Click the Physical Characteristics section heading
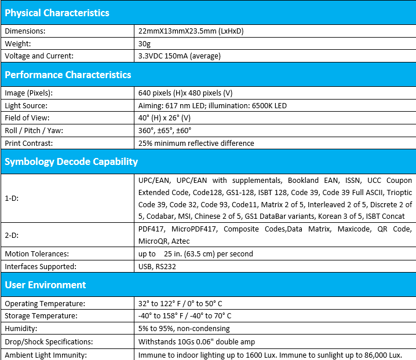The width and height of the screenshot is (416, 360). [57, 13]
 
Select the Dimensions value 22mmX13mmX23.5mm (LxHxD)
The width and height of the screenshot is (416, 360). [191, 31]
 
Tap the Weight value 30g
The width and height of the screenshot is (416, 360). [144, 43]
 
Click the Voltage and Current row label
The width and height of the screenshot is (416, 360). [40, 56]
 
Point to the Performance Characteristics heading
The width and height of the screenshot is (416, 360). [68, 75]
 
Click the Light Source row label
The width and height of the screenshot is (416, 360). [26, 105]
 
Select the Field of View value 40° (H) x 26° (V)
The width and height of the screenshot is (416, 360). [173, 118]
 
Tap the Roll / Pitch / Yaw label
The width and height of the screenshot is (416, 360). [34, 130]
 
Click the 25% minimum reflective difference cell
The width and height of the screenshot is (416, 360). [196, 143]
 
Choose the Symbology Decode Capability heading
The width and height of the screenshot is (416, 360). [71, 161]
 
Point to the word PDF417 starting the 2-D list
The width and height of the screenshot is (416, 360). [151, 229]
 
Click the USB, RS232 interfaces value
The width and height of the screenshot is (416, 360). [157, 266]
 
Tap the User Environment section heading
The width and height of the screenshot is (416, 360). [45, 285]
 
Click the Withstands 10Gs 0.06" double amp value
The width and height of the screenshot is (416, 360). [196, 341]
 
